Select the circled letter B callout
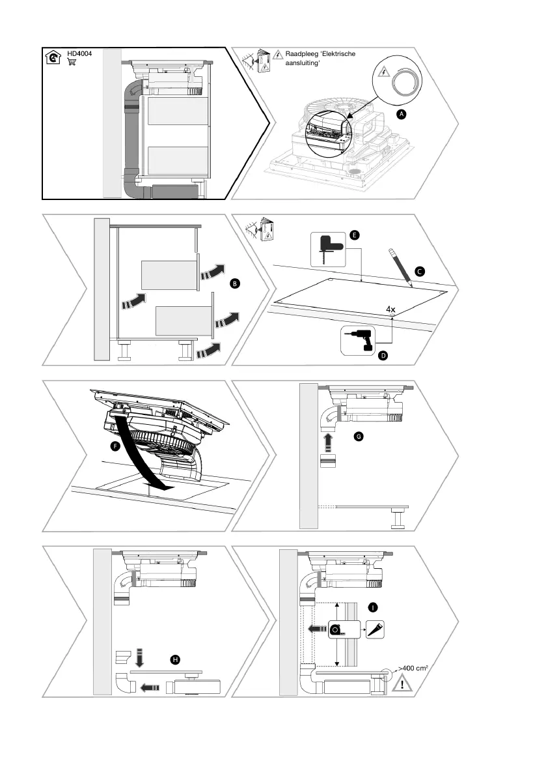click(x=235, y=283)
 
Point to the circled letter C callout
click(x=420, y=270)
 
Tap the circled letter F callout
click(x=115, y=447)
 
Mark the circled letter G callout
click(x=358, y=436)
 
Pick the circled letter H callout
click(x=175, y=660)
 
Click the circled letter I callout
click(x=372, y=607)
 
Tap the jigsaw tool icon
click(x=327, y=249)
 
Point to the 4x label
click(x=390, y=310)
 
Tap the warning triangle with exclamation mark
click(x=403, y=683)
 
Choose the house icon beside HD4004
click(x=53, y=58)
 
